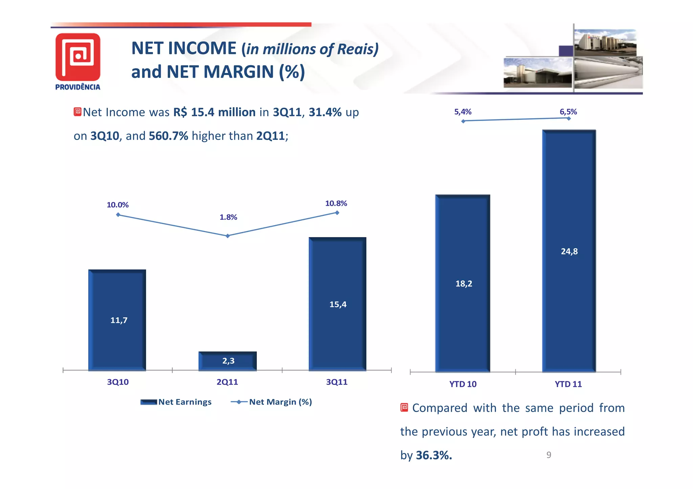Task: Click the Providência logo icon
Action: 78,56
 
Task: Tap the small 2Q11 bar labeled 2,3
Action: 228,361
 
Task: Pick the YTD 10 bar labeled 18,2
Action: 463,283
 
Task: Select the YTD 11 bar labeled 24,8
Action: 569,251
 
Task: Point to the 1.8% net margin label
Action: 228,217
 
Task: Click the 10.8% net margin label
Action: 336,203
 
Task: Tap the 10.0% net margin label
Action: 117,205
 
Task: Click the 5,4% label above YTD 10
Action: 463,112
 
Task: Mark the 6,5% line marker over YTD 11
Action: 568,118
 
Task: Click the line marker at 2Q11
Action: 228,236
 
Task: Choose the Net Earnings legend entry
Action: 176,402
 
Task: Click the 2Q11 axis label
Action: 227,382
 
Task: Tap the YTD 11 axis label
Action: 568,384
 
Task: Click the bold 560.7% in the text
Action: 168,136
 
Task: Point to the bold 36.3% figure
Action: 433,455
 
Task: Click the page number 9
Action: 549,455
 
